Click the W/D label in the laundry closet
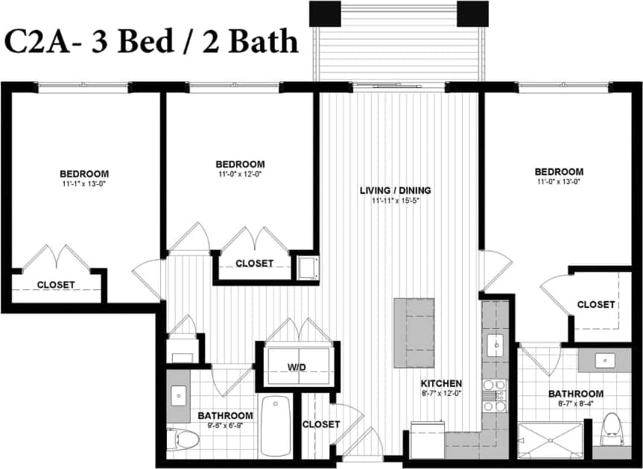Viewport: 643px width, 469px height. [297, 367]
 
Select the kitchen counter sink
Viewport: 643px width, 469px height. [495, 345]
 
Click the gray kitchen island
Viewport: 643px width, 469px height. [414, 333]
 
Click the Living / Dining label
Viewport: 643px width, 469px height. [395, 190]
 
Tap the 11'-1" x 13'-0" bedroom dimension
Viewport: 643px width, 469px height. [85, 183]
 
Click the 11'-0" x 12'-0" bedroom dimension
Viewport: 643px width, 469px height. [239, 174]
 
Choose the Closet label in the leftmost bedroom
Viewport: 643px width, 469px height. [56, 285]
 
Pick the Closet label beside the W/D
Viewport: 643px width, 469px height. [321, 424]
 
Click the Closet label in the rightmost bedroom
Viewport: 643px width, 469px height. [596, 304]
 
